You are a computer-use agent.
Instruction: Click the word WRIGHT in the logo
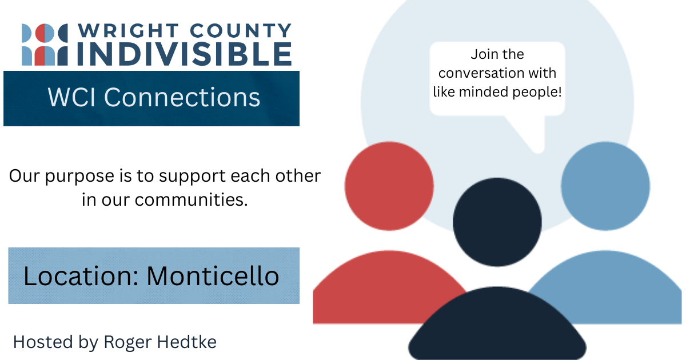click(x=116, y=31)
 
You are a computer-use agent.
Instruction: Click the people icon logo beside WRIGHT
click(x=45, y=45)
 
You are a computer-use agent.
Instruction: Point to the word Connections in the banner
click(x=181, y=97)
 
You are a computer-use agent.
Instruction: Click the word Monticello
click(x=213, y=276)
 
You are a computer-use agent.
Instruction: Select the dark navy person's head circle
click(x=497, y=222)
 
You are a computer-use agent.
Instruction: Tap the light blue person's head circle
click(x=605, y=186)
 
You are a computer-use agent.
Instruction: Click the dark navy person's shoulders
click(x=497, y=329)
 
